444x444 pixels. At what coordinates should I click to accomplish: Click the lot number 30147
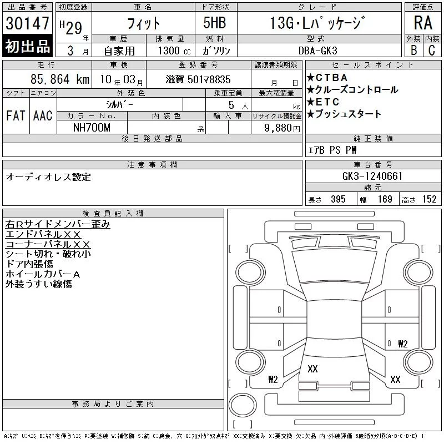[x=27, y=23]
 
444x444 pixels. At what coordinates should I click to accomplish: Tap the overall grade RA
[x=423, y=23]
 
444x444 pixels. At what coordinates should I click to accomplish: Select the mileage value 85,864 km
[x=60, y=79]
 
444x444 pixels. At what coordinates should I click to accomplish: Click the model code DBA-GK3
[x=318, y=51]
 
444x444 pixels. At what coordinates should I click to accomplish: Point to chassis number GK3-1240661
[x=372, y=176]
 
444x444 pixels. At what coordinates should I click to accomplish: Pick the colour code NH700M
[x=92, y=128]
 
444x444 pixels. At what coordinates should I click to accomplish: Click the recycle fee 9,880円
[x=282, y=128]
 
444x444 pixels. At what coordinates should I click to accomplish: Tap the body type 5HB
[x=215, y=23]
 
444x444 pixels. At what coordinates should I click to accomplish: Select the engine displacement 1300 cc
[x=174, y=51]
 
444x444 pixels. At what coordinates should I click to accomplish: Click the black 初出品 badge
[x=27, y=46]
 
